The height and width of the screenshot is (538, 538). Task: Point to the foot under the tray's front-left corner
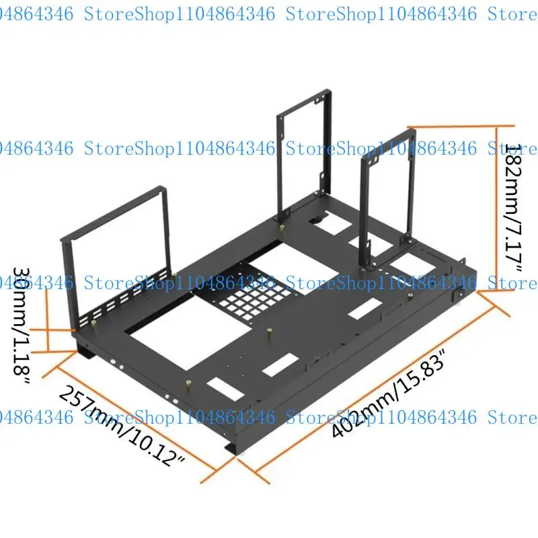coord(85,349)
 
